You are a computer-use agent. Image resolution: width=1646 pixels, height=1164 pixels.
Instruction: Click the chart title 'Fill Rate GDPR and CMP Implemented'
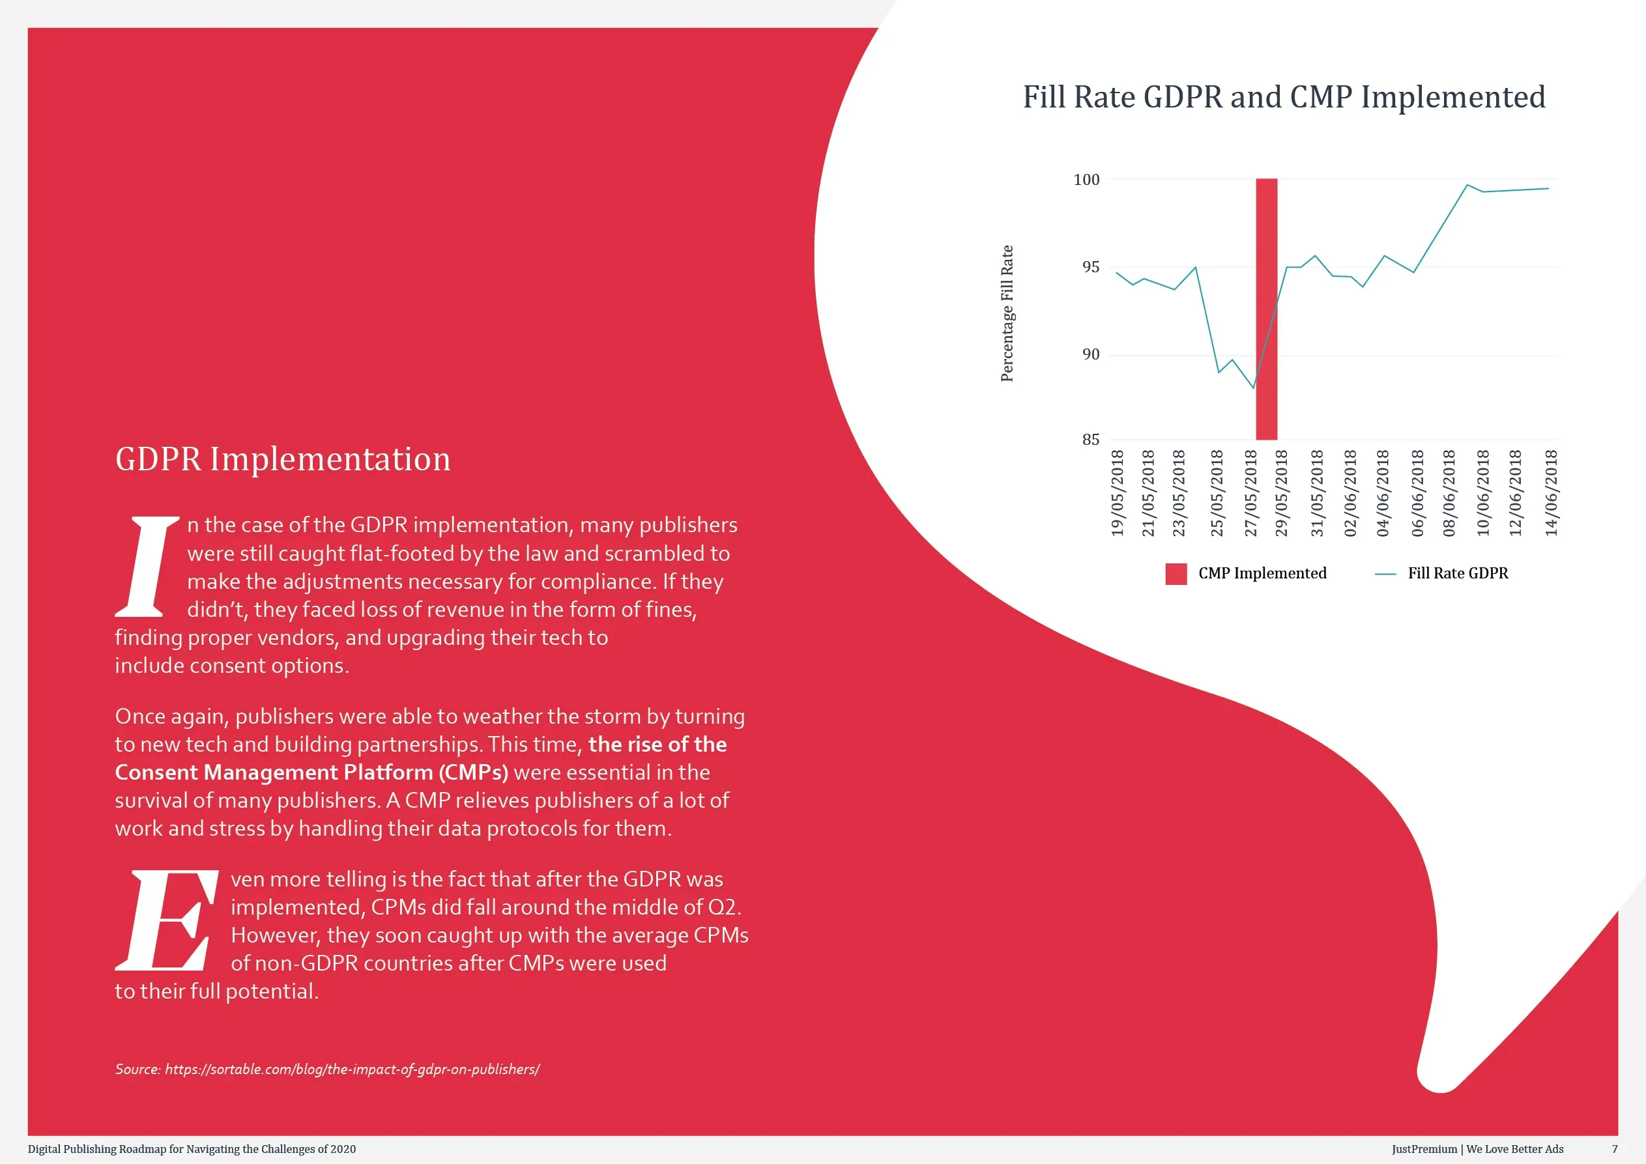tap(1283, 98)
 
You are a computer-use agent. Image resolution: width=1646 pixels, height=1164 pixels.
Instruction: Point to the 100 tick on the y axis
tap(1086, 179)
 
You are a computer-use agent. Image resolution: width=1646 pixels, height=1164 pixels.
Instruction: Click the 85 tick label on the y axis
tap(1090, 440)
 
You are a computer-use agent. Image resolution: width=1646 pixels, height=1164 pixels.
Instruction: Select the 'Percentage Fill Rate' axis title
tap(1007, 313)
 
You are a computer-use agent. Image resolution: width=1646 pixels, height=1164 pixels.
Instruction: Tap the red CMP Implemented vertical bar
tap(1267, 309)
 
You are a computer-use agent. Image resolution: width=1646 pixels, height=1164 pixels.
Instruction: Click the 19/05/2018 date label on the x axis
tap(1117, 493)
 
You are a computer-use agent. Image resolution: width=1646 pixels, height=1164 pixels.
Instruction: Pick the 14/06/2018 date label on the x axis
tap(1551, 493)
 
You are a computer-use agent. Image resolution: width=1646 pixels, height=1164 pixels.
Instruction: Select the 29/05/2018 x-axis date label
tap(1281, 493)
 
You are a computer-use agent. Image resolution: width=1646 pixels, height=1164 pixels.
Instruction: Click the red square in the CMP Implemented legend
tap(1176, 574)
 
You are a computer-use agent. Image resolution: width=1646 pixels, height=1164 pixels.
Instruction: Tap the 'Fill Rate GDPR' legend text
tap(1458, 573)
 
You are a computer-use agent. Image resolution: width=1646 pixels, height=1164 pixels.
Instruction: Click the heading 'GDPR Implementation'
tap(283, 459)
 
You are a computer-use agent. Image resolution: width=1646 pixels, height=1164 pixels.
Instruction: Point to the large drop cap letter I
tap(147, 566)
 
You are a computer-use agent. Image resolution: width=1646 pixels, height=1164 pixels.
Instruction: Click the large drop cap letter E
tap(167, 920)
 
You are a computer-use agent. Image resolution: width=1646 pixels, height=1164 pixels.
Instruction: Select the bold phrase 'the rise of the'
tap(657, 744)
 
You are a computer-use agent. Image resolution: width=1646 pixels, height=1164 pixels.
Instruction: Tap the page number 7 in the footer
tap(1615, 1149)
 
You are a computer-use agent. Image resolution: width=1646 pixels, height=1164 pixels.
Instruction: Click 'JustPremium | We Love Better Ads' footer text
tap(1477, 1149)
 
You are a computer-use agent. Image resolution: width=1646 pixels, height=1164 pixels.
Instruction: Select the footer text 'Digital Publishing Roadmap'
tap(97, 1149)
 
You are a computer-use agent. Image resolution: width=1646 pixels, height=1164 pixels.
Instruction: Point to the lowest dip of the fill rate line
tap(1253, 388)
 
